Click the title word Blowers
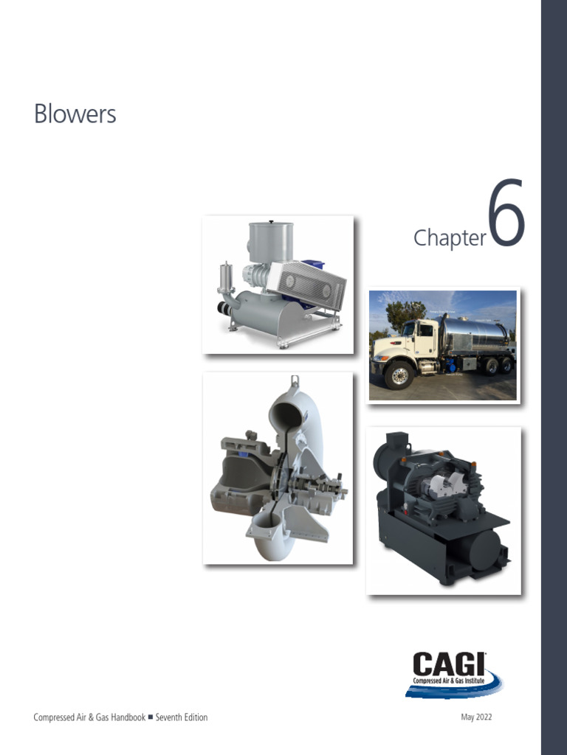tap(75, 114)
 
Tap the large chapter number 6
tap(506, 212)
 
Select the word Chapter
tap(450, 238)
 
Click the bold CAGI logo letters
tap(449, 664)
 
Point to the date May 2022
tap(476, 717)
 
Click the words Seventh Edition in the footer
tap(182, 717)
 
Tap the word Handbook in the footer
tap(128, 717)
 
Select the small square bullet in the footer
tap(151, 717)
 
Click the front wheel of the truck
tap(399, 375)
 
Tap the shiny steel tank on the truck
tap(475, 334)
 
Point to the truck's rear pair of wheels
tap(498, 366)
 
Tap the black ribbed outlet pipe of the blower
tap(224, 307)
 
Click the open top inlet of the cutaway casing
tap(288, 414)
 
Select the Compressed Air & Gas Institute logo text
tap(449, 681)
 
